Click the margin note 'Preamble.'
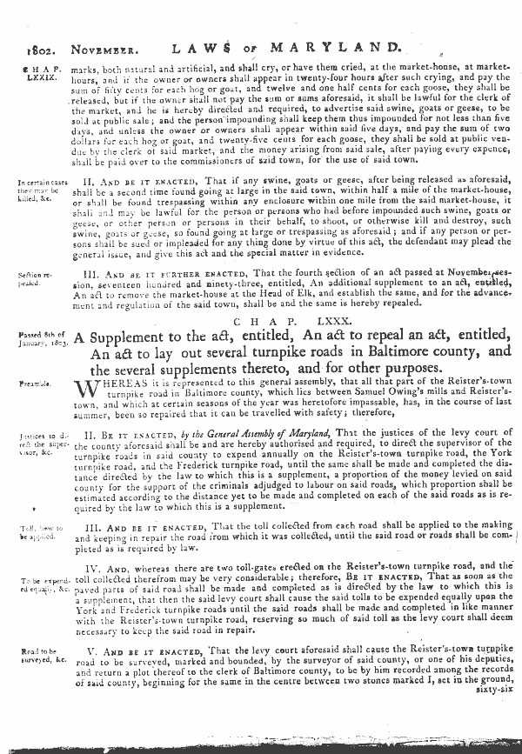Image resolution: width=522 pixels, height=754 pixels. pos(37,383)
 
